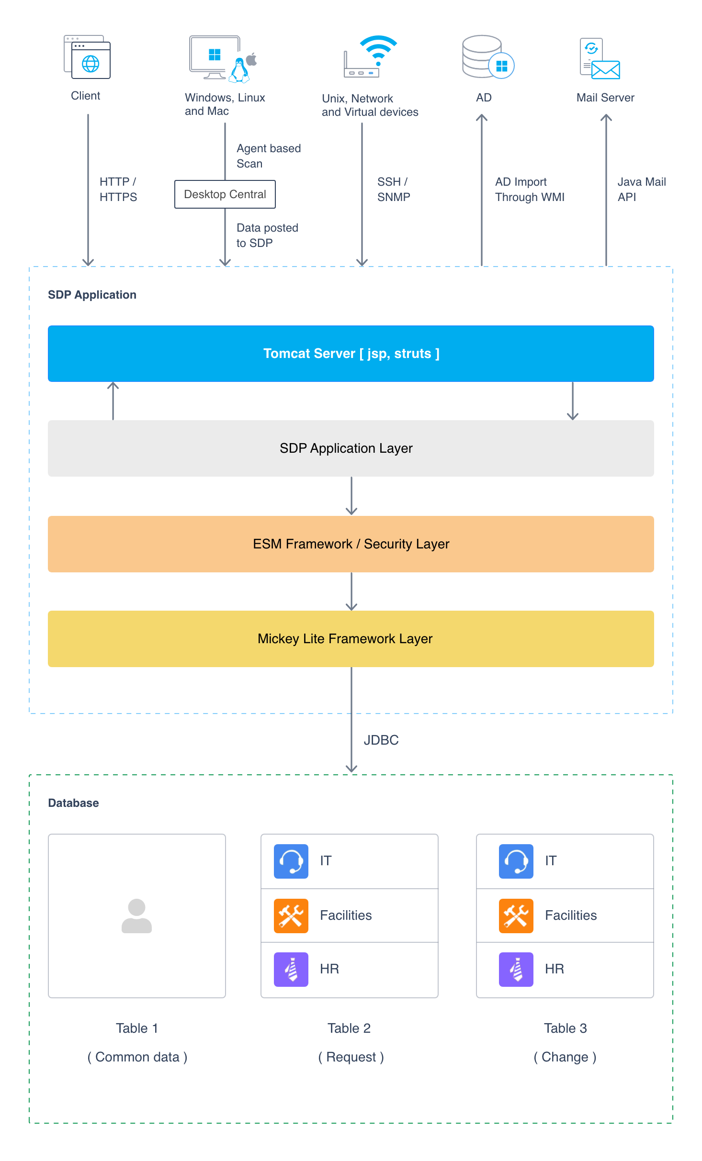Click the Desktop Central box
coord(225,194)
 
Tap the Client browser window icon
coord(87,57)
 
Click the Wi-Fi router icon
coord(370,56)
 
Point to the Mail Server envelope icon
coord(606,70)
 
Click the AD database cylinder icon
coord(482,56)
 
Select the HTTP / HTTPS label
coord(118,190)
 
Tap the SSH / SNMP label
coord(394,190)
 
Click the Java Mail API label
coord(642,190)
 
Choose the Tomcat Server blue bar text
coord(351,354)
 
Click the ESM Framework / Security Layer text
coord(351,544)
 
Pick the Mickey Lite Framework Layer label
coord(345,639)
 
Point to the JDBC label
coord(381,740)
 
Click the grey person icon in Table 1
coord(136,916)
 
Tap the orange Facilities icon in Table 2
coord(291,916)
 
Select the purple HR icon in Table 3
coord(516,970)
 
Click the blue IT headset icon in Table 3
coord(516,861)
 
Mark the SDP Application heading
coord(92,295)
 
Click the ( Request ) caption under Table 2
coord(351,1057)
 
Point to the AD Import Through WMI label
coord(530,190)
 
